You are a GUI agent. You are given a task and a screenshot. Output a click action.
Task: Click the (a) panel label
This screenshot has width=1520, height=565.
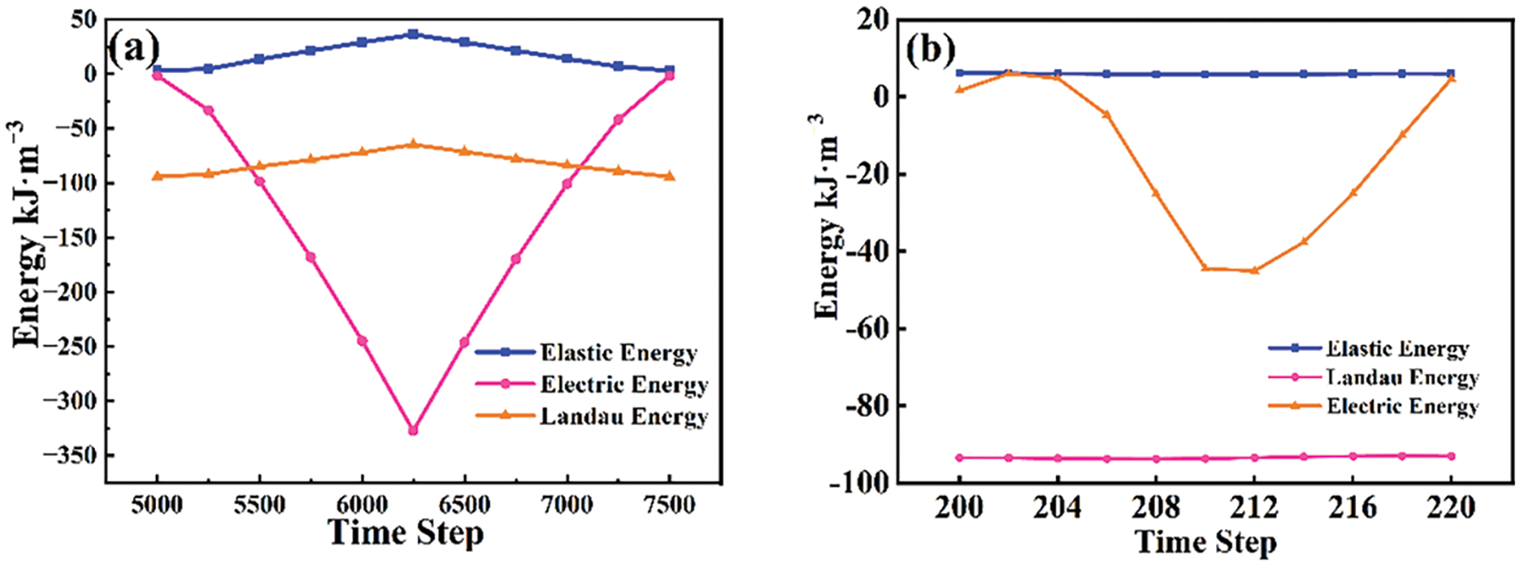(x=134, y=50)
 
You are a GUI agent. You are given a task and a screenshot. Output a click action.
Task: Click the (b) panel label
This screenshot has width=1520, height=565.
(x=930, y=50)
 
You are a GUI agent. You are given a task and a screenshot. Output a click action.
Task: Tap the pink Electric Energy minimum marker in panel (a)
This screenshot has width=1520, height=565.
(x=413, y=431)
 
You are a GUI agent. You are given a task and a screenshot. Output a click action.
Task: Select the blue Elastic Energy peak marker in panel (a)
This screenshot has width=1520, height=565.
(x=413, y=34)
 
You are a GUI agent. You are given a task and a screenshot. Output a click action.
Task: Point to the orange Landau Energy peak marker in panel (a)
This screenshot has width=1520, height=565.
(x=414, y=144)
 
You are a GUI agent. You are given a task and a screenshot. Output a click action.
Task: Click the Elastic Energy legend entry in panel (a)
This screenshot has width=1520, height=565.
(x=618, y=352)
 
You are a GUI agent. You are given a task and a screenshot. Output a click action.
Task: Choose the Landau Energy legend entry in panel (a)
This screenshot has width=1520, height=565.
(x=624, y=416)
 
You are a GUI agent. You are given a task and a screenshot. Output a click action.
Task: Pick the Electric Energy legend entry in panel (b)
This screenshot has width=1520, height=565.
(x=1402, y=406)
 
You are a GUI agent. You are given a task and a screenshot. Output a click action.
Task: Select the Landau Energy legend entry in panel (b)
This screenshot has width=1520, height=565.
(x=1402, y=377)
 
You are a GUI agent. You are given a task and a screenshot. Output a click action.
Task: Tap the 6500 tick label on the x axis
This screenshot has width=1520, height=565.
(x=464, y=506)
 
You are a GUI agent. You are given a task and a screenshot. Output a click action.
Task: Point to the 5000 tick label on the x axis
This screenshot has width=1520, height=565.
(x=157, y=506)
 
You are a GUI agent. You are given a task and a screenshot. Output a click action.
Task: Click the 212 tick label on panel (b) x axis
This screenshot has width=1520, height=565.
(x=1254, y=507)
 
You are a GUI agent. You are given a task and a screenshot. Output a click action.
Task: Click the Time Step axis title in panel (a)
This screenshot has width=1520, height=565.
(x=406, y=533)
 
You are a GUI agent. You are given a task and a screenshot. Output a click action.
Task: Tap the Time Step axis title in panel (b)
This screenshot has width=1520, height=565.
(x=1206, y=542)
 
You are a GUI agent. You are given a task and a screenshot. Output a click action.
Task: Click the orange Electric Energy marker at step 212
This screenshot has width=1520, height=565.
(x=1254, y=270)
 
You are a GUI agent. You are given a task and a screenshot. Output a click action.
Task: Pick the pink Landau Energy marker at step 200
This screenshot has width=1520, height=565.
(x=959, y=458)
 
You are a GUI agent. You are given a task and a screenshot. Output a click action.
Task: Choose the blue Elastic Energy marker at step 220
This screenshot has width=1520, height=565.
(x=1451, y=74)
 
